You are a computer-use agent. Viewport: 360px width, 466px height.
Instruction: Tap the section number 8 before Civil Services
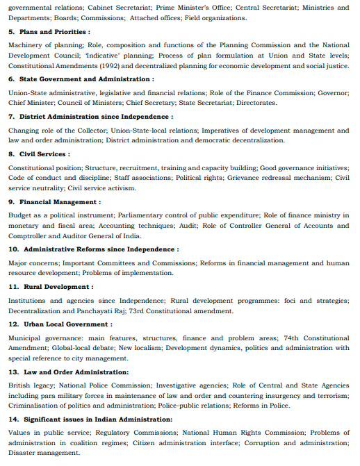(x=11, y=154)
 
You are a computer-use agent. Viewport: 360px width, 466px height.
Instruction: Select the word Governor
(x=335, y=92)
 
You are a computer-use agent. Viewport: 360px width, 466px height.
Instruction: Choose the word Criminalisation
(x=36, y=405)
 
